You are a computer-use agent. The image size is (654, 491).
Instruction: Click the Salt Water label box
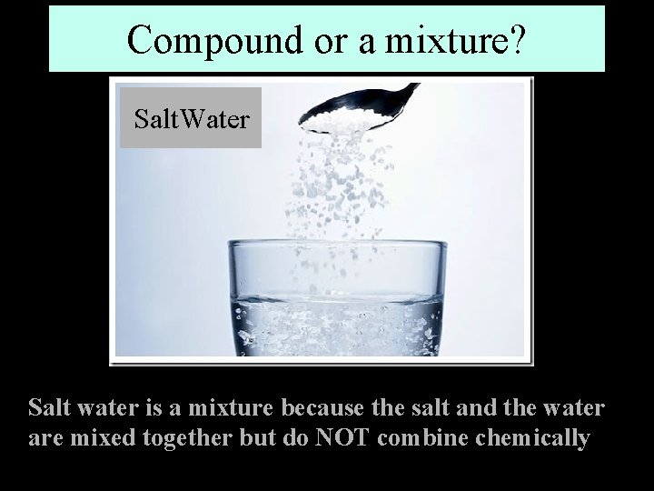coord(191,118)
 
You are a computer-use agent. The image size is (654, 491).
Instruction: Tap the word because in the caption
coord(322,406)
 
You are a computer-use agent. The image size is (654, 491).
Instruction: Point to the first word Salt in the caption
coord(47,406)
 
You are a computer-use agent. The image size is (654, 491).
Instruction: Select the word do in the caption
coord(294,437)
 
